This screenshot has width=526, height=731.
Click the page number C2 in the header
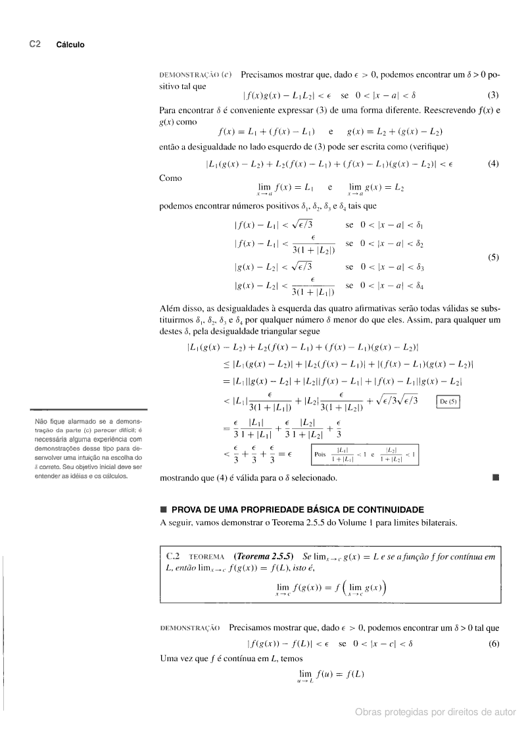35,44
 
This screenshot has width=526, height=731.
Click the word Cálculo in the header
70,45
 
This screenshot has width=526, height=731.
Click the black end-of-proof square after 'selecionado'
496,478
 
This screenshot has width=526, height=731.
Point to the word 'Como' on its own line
171,178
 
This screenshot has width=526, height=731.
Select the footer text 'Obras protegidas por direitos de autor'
435,712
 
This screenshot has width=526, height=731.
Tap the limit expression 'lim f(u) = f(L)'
331,674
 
